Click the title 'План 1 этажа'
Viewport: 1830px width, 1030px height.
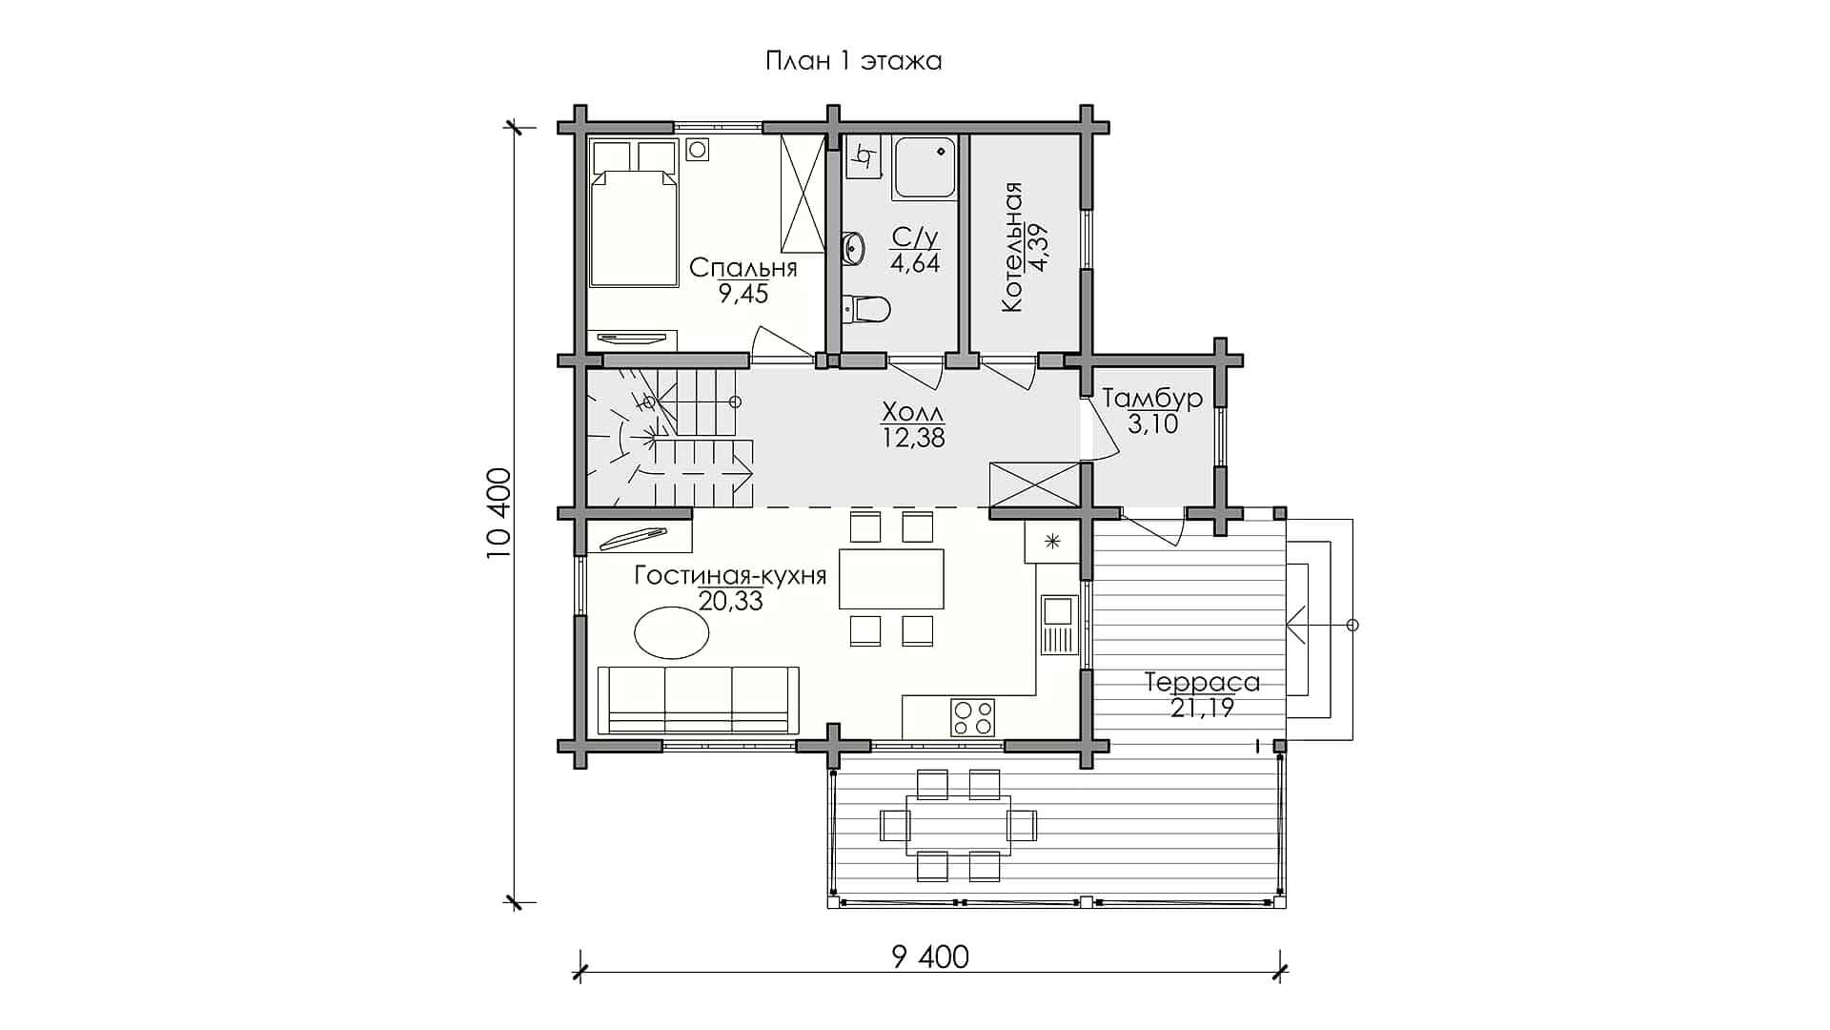coord(853,62)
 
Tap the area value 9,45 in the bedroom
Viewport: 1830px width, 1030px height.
coord(743,293)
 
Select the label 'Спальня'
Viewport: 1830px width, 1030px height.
coord(743,268)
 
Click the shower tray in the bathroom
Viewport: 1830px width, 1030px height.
coord(925,168)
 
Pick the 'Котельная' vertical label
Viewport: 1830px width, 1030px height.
coord(1012,247)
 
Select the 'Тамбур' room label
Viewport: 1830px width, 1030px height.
coord(1152,398)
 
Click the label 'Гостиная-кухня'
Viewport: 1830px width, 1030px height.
coord(730,576)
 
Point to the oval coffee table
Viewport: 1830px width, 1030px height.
coord(672,633)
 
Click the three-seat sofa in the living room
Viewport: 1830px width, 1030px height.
coord(699,700)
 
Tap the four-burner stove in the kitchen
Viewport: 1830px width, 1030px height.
coord(972,717)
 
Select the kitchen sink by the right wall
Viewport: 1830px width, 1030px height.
coord(1058,625)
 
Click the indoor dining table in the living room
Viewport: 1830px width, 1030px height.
coord(891,578)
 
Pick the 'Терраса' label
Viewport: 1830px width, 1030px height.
coord(1202,683)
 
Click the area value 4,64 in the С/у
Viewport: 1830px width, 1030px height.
coord(915,263)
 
